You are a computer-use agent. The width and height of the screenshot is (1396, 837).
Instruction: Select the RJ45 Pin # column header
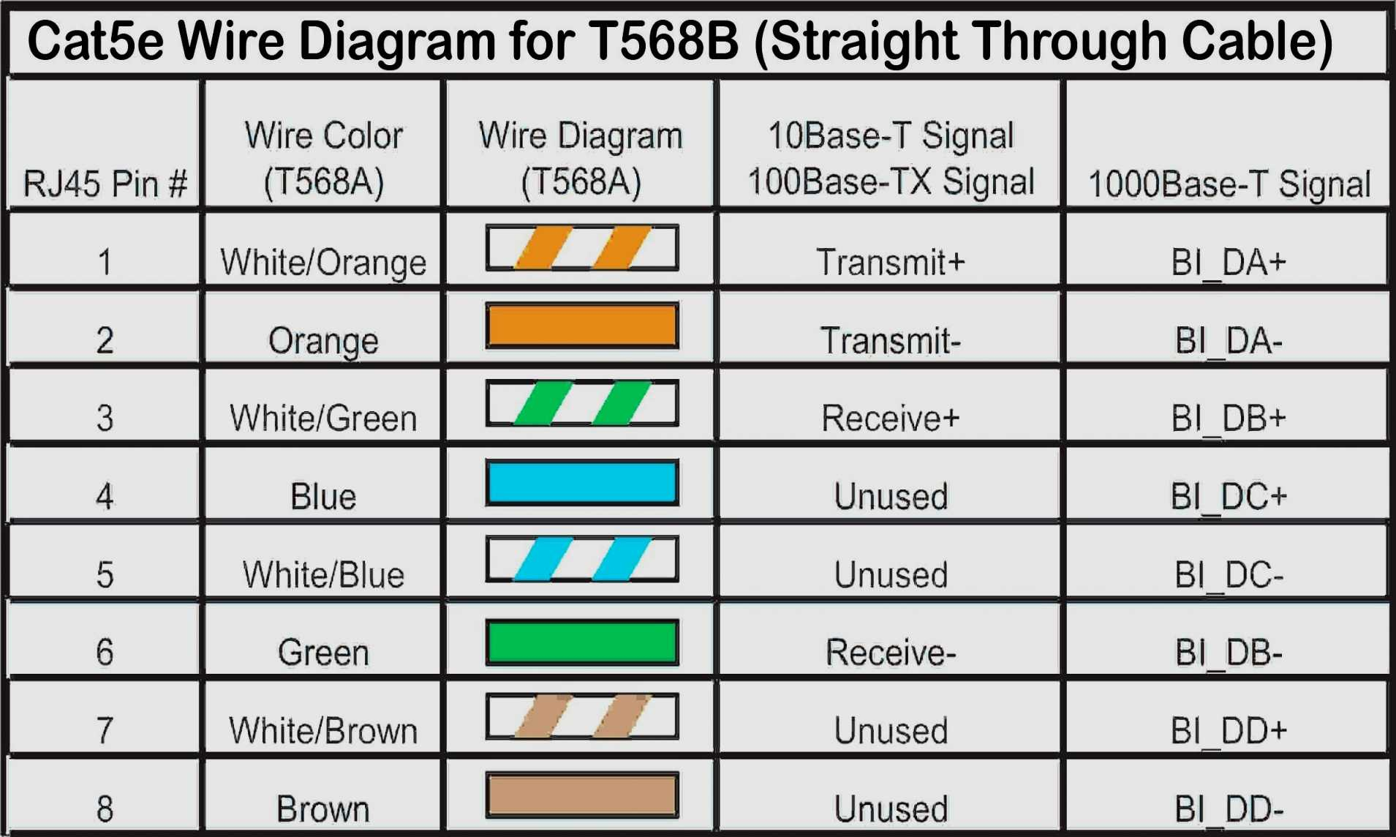pyautogui.click(x=105, y=183)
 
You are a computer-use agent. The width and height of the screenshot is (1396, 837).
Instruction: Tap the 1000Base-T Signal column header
pyautogui.click(x=1229, y=184)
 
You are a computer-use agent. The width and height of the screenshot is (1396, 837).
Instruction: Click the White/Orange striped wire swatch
pyautogui.click(x=582, y=248)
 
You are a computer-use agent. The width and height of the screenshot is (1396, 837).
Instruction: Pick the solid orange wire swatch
pyautogui.click(x=582, y=326)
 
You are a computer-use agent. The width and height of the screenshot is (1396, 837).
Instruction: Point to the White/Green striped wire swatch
pyautogui.click(x=582, y=403)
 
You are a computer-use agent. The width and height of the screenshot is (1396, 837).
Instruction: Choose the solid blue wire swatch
pyautogui.click(x=582, y=482)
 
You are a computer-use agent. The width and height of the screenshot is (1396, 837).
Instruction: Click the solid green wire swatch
pyautogui.click(x=582, y=642)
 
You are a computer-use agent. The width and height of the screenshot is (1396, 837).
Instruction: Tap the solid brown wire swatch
pyautogui.click(x=582, y=795)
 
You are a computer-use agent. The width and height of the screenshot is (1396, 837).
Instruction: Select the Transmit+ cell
pyautogui.click(x=890, y=262)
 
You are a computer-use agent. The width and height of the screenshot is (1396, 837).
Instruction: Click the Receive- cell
pyautogui.click(x=890, y=652)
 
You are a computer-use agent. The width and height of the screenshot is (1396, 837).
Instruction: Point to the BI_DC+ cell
pyautogui.click(x=1229, y=497)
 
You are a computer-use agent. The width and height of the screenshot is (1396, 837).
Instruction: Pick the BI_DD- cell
pyautogui.click(x=1229, y=809)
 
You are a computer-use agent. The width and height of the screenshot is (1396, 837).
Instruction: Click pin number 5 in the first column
pyautogui.click(x=105, y=574)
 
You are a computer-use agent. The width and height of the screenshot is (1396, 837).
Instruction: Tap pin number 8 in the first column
pyautogui.click(x=105, y=809)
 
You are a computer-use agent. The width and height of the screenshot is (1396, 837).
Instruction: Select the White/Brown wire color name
pyautogui.click(x=323, y=730)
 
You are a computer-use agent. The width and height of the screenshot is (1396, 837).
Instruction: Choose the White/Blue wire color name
pyautogui.click(x=323, y=574)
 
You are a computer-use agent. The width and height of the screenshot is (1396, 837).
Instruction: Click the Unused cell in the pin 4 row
pyautogui.click(x=890, y=497)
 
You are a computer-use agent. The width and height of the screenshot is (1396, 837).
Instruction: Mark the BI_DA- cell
pyautogui.click(x=1229, y=340)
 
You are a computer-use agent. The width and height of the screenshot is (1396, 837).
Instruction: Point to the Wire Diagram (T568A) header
pyautogui.click(x=581, y=158)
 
